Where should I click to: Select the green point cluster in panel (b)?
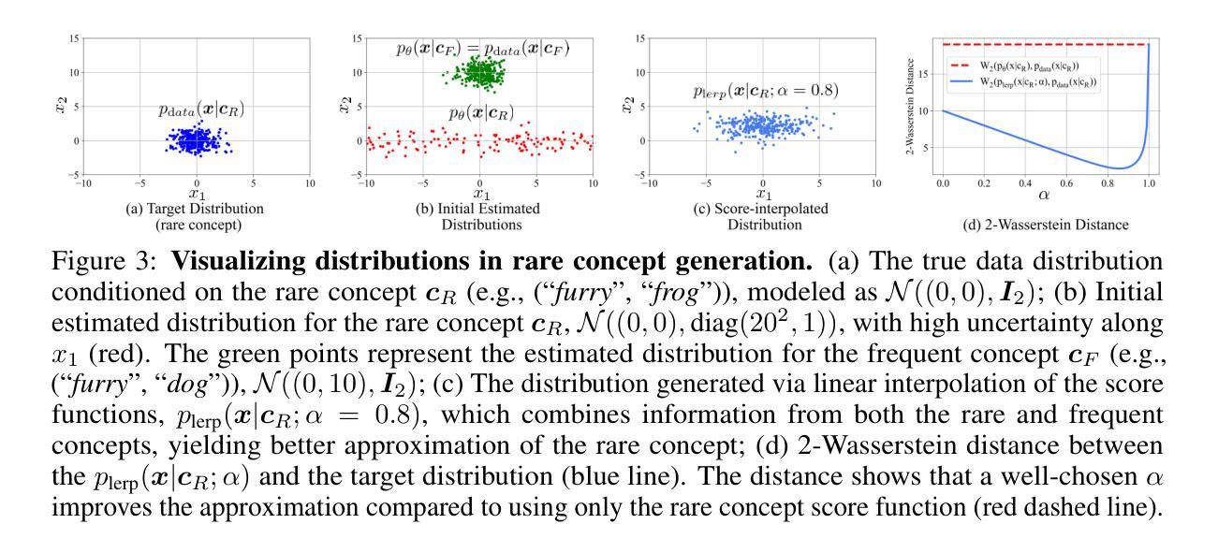480,73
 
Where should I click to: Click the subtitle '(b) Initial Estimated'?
480,207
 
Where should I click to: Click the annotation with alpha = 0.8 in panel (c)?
765,91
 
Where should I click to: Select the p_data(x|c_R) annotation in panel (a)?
201,110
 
